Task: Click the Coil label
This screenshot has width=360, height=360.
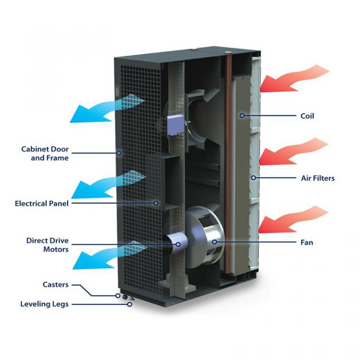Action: click(307, 115)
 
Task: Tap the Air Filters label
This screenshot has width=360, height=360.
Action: click(317, 178)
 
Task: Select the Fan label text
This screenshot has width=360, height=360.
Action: click(307, 243)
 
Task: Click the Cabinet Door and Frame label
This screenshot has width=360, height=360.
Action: click(45, 154)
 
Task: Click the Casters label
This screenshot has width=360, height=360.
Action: click(55, 285)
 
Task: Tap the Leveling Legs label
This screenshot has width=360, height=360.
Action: click(44, 304)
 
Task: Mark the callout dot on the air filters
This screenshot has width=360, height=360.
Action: click(253, 178)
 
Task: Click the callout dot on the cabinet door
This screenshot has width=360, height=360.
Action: click(120, 152)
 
